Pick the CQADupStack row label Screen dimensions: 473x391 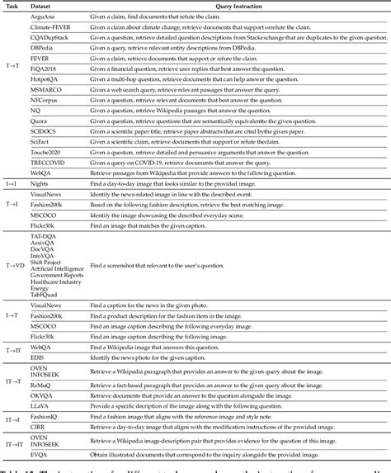point(53,37)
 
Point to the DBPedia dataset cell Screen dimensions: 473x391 point(44,48)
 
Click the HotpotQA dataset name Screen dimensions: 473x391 point(48,81)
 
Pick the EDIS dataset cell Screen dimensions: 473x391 point(39,356)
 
